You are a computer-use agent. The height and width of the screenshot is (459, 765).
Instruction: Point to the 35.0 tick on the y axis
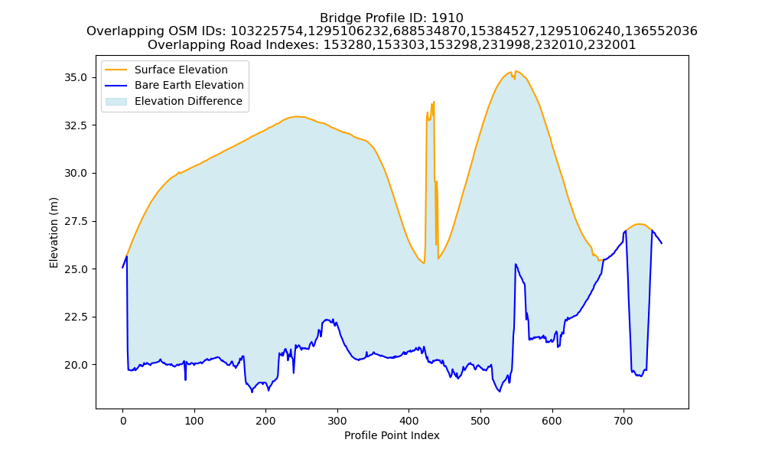76,77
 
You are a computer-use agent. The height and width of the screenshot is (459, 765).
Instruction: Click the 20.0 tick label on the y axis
76,365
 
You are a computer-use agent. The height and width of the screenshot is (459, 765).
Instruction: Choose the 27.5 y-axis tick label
76,221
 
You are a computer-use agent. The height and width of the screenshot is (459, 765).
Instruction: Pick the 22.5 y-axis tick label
76,317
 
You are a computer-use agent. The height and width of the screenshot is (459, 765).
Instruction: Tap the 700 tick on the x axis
623,421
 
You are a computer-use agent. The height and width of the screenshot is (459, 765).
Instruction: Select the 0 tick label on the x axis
122,421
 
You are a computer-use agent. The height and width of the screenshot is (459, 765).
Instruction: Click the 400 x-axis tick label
409,421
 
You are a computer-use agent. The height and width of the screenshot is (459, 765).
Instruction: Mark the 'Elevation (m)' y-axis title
54,233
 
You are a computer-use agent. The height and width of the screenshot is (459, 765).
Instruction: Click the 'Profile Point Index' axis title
392,435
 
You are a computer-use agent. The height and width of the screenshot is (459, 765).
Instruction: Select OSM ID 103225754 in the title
269,31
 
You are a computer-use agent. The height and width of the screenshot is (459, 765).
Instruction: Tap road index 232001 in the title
614,45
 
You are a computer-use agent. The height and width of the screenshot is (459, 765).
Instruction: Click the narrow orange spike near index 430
431,181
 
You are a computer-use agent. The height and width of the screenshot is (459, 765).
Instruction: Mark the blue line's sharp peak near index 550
515,265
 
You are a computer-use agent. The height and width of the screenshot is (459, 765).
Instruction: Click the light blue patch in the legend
116,101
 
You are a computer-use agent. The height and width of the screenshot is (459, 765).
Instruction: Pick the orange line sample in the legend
116,70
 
